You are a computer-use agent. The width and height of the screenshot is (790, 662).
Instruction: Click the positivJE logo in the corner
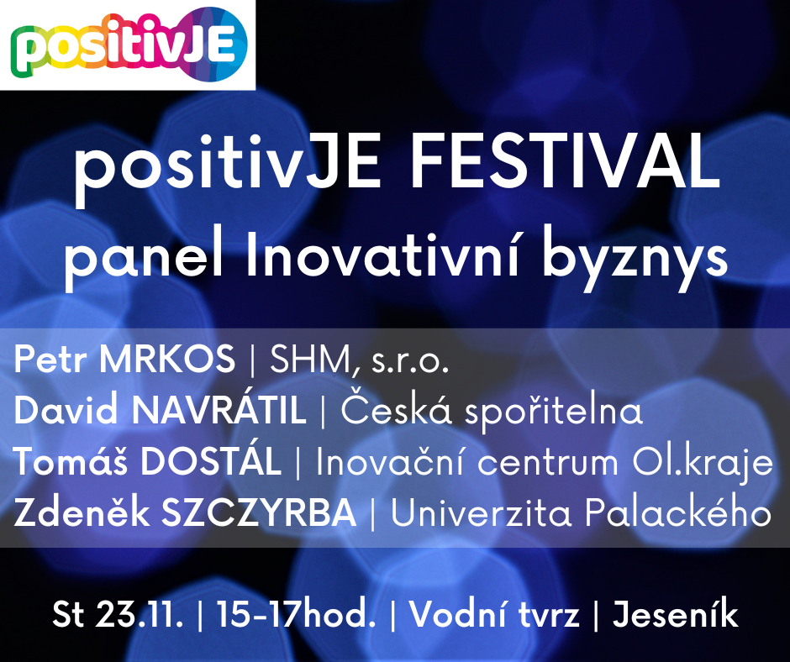click(x=129, y=45)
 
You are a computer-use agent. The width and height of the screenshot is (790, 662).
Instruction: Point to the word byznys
click(x=635, y=258)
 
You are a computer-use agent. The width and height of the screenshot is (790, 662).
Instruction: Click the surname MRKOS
click(x=167, y=360)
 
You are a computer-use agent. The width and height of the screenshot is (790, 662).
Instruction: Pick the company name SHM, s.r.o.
click(x=359, y=360)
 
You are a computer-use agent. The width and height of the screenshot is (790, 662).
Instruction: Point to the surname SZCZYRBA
click(x=260, y=512)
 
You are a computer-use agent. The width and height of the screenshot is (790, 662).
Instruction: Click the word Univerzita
click(x=482, y=512)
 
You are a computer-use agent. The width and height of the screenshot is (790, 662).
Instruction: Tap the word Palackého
click(x=678, y=512)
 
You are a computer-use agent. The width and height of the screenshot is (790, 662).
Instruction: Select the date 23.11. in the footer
click(x=139, y=614)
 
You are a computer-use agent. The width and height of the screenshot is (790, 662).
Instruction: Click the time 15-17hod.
click(x=296, y=614)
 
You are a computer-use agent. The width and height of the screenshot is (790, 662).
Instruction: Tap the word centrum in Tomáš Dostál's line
click(x=548, y=464)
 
